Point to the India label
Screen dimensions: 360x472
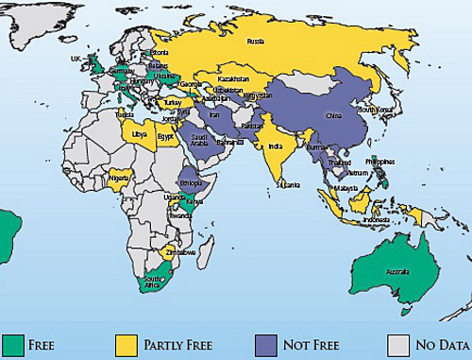[x=273, y=147]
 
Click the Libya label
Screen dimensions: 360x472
[x=140, y=135]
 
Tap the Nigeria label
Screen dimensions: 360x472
[x=118, y=177]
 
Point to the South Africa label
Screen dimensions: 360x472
[x=155, y=283]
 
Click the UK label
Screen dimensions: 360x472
[x=76, y=58]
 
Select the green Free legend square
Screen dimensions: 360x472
[x=12, y=342]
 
